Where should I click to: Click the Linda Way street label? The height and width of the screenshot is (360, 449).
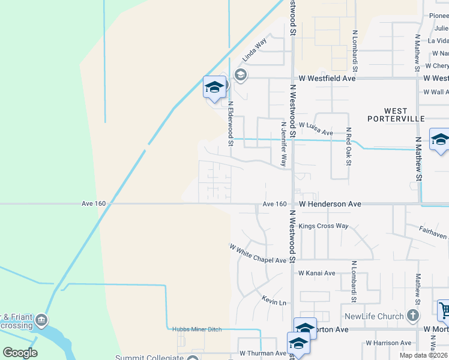tap(254, 51)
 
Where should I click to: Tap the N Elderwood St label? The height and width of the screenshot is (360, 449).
tap(230, 123)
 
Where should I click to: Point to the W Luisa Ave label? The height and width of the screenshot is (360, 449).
tap(316, 132)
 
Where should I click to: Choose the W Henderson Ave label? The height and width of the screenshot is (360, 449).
tap(330, 204)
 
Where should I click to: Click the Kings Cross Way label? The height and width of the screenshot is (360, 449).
tap(324, 226)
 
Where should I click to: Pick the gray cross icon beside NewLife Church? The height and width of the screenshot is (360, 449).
tap(413, 315)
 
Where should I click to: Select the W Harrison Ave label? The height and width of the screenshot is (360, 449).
tap(388, 343)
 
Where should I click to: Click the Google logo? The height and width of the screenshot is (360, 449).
tap(20, 352)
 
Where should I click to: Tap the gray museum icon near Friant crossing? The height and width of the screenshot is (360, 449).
tap(41, 319)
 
